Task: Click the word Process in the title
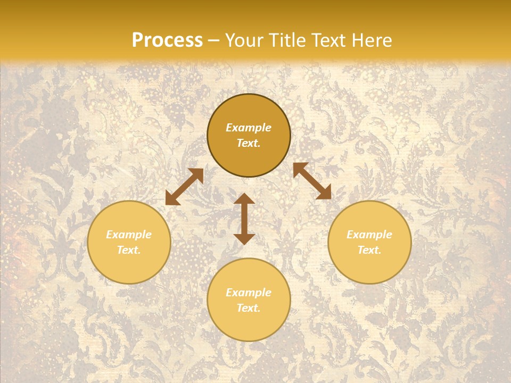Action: tap(167, 40)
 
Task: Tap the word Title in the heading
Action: tap(299, 40)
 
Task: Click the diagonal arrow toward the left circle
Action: tap(184, 187)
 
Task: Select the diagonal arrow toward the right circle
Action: tap(312, 181)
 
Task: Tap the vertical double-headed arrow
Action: tap(244, 219)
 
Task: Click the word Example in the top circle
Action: tap(249, 128)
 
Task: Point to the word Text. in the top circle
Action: tap(249, 143)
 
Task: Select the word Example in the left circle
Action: tap(129, 235)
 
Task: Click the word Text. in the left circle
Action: tap(129, 250)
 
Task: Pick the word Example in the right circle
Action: tap(369, 235)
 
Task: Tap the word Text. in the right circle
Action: tap(369, 250)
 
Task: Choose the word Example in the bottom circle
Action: tap(249, 293)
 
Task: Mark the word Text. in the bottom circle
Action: tap(249, 308)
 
